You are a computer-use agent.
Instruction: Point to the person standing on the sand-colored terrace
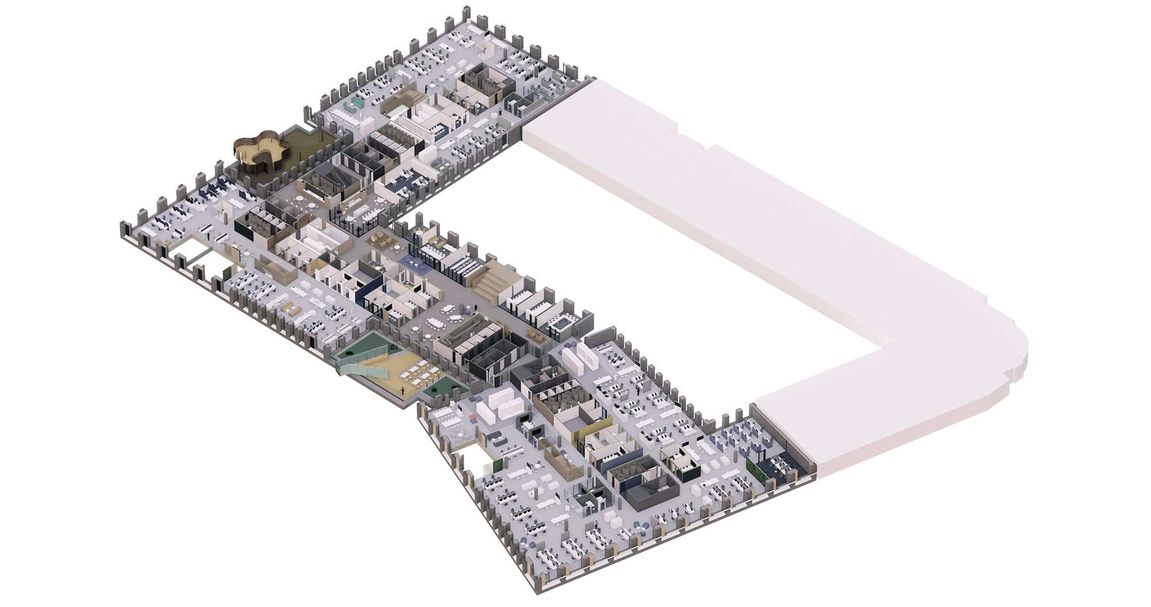403,390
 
